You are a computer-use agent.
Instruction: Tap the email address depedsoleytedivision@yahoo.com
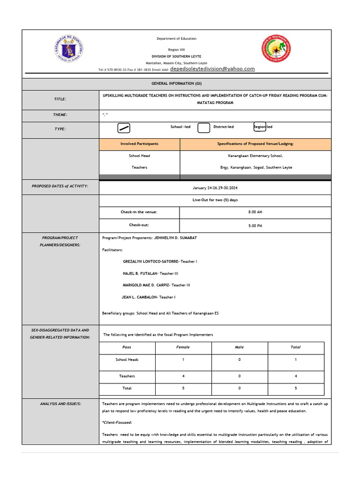pos(212,69)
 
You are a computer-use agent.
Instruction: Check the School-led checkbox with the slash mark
pos(124,128)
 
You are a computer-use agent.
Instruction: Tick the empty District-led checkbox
pos(203,128)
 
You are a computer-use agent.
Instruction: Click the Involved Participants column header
pos(139,144)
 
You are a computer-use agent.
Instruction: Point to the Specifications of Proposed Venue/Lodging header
pos(255,144)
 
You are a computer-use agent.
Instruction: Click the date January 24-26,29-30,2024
pos(215,188)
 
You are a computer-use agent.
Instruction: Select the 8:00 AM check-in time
pos(255,212)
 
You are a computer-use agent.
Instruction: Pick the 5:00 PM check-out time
pos(255,225)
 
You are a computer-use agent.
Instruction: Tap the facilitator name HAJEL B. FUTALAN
pos(141,273)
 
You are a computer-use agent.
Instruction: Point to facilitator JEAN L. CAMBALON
pos(140,297)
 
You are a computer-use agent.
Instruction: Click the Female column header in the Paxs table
pos(183,347)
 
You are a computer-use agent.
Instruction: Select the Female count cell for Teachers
pos(183,376)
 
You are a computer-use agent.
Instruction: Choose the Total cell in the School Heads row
pos(295,360)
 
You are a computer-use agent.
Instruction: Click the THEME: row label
pos(60,115)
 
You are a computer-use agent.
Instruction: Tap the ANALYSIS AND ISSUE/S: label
pos(60,404)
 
